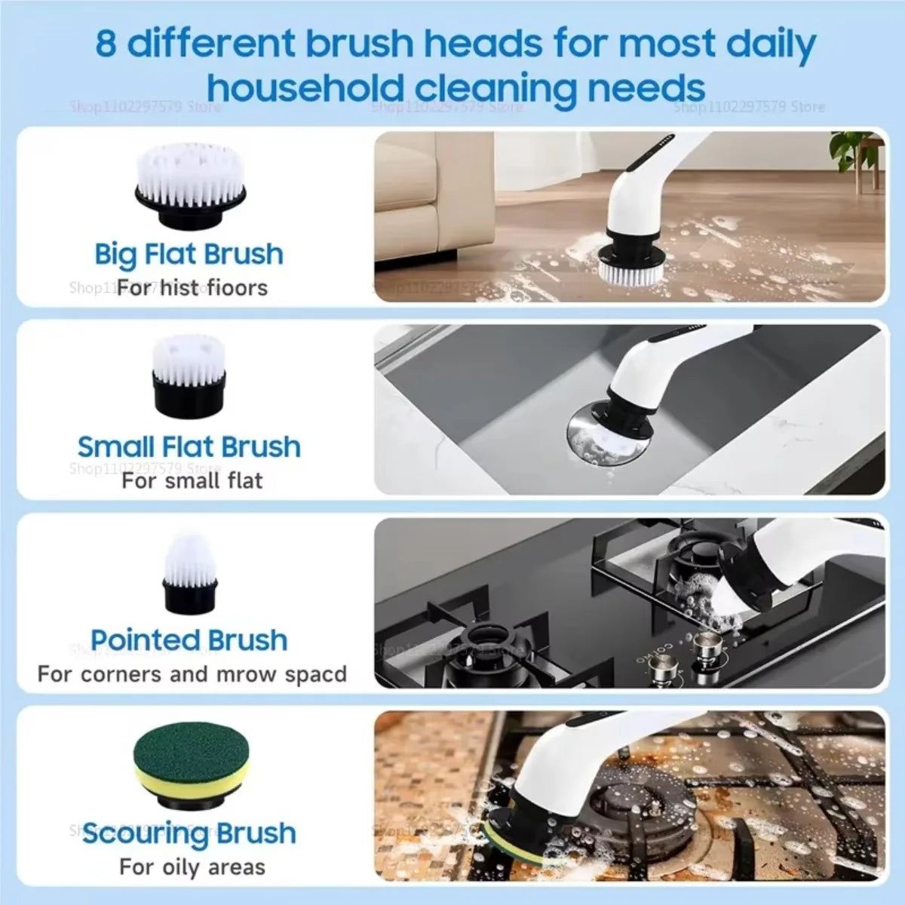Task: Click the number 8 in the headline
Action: coord(106,44)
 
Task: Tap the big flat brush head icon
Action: coord(190,184)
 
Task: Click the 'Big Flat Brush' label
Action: coord(189,254)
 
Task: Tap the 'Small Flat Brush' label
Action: coord(189,446)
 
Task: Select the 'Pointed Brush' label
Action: coord(189,640)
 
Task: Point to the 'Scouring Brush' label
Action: coord(189,833)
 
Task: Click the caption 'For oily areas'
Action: coord(192,867)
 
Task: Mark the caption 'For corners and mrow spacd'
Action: coord(192,673)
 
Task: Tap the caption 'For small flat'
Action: coord(192,480)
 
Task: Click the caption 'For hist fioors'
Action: coord(192,287)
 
